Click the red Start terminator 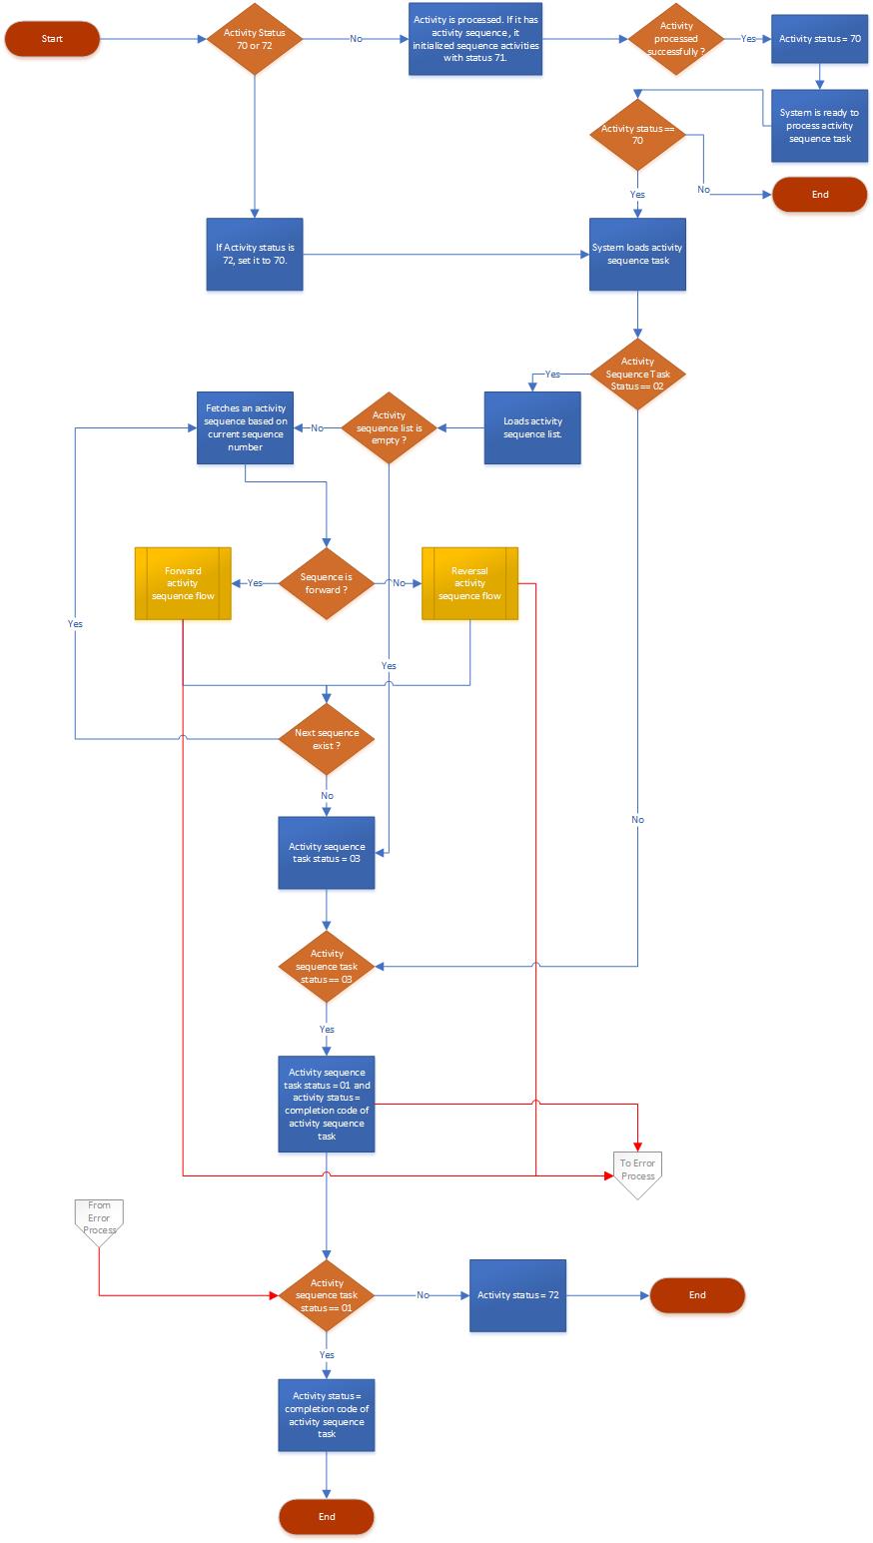pos(52,39)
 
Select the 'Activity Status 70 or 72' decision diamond pos(255,39)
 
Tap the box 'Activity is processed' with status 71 pos(475,39)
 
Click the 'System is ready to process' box pos(819,126)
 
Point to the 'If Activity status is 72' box pos(255,255)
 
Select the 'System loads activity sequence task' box pos(637,255)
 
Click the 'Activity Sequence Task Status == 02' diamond pos(637,374)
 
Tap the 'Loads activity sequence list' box pos(532,427)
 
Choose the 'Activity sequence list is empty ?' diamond pos(389,427)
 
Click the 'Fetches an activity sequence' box pos(245,427)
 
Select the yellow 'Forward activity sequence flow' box pos(183,583)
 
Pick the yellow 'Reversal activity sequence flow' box pos(469,583)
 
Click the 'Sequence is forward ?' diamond pos(326,583)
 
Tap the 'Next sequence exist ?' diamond pos(326,739)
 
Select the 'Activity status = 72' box pos(517,1295)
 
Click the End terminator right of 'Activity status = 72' pos(697,1295)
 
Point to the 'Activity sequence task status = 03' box pos(326,853)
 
